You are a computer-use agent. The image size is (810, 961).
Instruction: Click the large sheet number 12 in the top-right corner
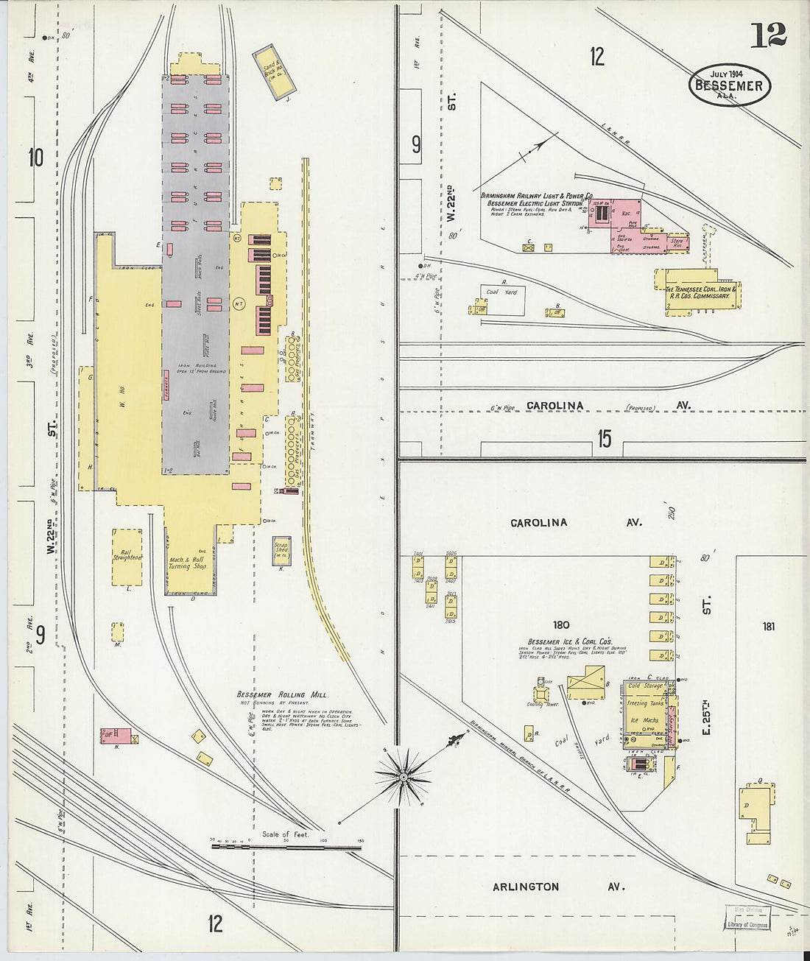768,35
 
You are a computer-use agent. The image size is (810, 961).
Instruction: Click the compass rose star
403,776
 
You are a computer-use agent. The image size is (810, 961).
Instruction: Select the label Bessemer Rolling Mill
282,694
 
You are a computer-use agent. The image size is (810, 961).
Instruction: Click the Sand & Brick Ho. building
274,72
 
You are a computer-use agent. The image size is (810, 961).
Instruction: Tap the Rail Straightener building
127,557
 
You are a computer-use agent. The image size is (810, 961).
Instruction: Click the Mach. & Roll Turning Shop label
186,563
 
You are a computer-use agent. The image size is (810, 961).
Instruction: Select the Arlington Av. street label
526,887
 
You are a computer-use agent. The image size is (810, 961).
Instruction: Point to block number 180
562,625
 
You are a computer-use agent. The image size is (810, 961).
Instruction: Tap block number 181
769,627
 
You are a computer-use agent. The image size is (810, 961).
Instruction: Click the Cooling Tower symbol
543,692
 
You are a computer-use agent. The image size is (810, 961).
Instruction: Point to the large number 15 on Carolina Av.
604,439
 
